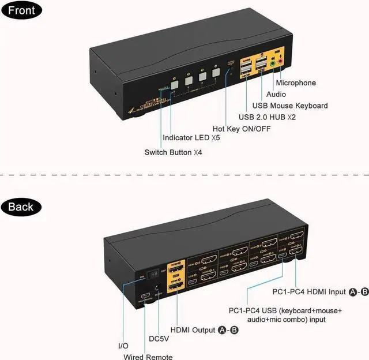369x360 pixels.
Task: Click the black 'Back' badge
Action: point(21,207)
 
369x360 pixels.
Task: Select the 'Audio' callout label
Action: point(277,94)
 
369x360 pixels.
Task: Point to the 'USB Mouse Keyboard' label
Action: point(290,106)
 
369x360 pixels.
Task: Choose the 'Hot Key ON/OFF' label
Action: point(240,128)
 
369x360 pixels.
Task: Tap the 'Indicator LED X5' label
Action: point(191,138)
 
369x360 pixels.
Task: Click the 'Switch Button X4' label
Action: point(173,152)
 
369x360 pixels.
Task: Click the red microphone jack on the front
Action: point(281,59)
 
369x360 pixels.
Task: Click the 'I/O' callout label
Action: point(123,346)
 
